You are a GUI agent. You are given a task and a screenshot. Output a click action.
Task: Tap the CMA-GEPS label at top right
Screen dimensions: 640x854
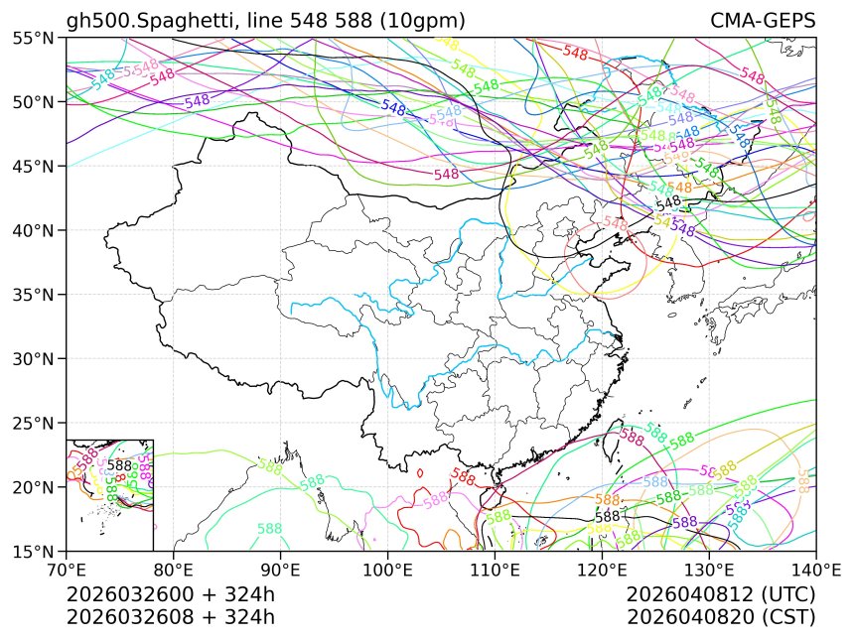point(763,21)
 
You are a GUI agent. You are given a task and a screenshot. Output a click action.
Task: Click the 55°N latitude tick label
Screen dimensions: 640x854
point(36,38)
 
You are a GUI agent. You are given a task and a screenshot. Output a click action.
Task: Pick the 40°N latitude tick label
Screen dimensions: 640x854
point(36,230)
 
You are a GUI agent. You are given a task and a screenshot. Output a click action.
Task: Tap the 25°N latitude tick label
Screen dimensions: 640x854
point(36,423)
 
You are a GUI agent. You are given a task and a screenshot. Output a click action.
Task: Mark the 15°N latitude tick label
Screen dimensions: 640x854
point(36,551)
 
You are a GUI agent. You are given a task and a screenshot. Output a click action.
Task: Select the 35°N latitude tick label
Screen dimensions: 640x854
point(36,295)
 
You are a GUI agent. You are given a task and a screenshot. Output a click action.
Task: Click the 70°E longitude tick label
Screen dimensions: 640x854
point(67,570)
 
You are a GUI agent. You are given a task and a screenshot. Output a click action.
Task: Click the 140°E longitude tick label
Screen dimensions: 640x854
point(814,570)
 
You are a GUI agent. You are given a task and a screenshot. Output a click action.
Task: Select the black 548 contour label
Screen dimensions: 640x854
point(668,202)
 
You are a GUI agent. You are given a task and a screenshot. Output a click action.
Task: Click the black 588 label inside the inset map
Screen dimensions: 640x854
point(119,464)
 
